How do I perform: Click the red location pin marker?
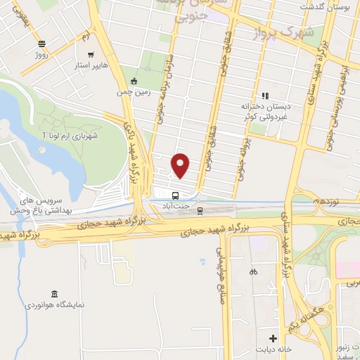[181, 165]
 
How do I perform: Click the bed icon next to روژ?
[41, 42]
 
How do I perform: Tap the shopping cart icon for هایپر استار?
[90, 53]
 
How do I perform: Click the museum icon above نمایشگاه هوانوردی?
[54, 293]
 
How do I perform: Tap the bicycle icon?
[253, 271]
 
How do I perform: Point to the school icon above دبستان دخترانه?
[265, 96]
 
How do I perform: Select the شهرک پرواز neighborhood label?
[286, 32]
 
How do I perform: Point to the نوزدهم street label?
[326, 200]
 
